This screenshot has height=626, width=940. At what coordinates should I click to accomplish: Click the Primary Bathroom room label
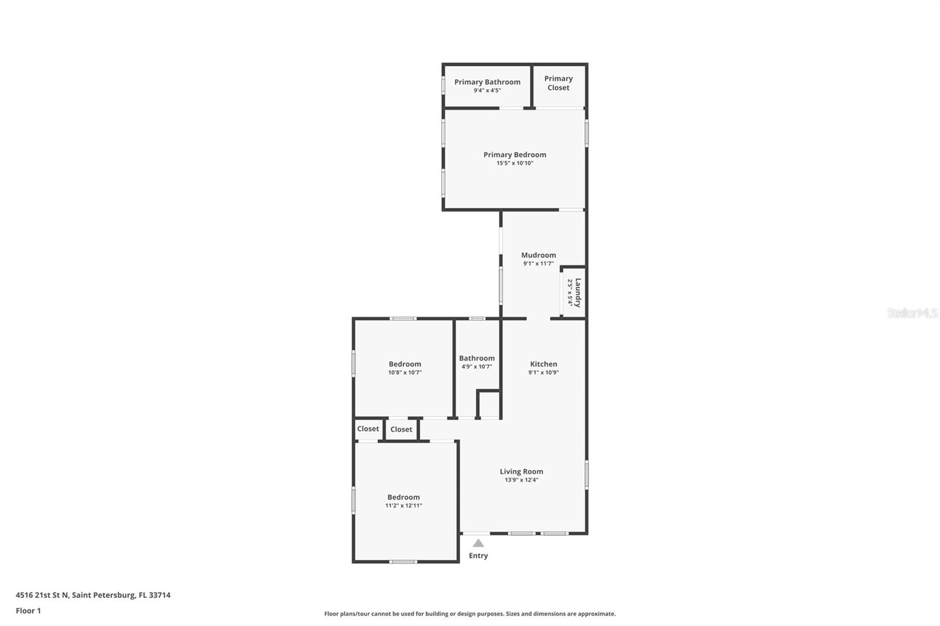tap(487, 82)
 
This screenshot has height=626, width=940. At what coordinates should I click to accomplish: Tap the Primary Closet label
tap(558, 83)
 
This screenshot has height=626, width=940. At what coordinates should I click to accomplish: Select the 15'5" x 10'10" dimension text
tap(515, 163)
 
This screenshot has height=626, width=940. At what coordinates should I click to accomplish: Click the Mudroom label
tap(538, 255)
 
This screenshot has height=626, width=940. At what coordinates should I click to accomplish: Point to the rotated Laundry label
tap(578, 292)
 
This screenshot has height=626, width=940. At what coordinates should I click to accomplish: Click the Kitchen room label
tap(543, 364)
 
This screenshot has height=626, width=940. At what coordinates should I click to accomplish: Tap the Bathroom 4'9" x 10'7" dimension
tap(476, 366)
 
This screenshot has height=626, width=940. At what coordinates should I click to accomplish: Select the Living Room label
tap(521, 472)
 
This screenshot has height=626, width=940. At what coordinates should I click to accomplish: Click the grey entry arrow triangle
tap(478, 543)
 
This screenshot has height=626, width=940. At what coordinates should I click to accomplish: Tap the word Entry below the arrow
tap(478, 556)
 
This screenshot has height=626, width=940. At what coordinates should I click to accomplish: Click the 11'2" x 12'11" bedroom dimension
tap(404, 506)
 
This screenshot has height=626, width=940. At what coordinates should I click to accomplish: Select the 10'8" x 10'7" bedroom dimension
tap(405, 372)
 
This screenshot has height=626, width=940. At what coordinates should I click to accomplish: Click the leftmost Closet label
tap(368, 429)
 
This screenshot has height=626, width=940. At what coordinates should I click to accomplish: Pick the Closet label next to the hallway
tap(401, 429)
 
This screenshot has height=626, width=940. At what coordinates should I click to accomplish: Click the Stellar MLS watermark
tap(912, 314)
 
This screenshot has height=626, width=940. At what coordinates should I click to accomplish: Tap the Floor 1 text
tap(28, 611)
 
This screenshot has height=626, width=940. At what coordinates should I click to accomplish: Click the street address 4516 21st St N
tap(42, 595)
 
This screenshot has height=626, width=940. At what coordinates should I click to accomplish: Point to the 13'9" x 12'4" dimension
tap(521, 480)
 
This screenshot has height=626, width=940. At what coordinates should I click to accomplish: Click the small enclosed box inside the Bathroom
tap(488, 404)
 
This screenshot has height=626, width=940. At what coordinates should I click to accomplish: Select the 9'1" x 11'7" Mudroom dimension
tap(538, 264)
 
